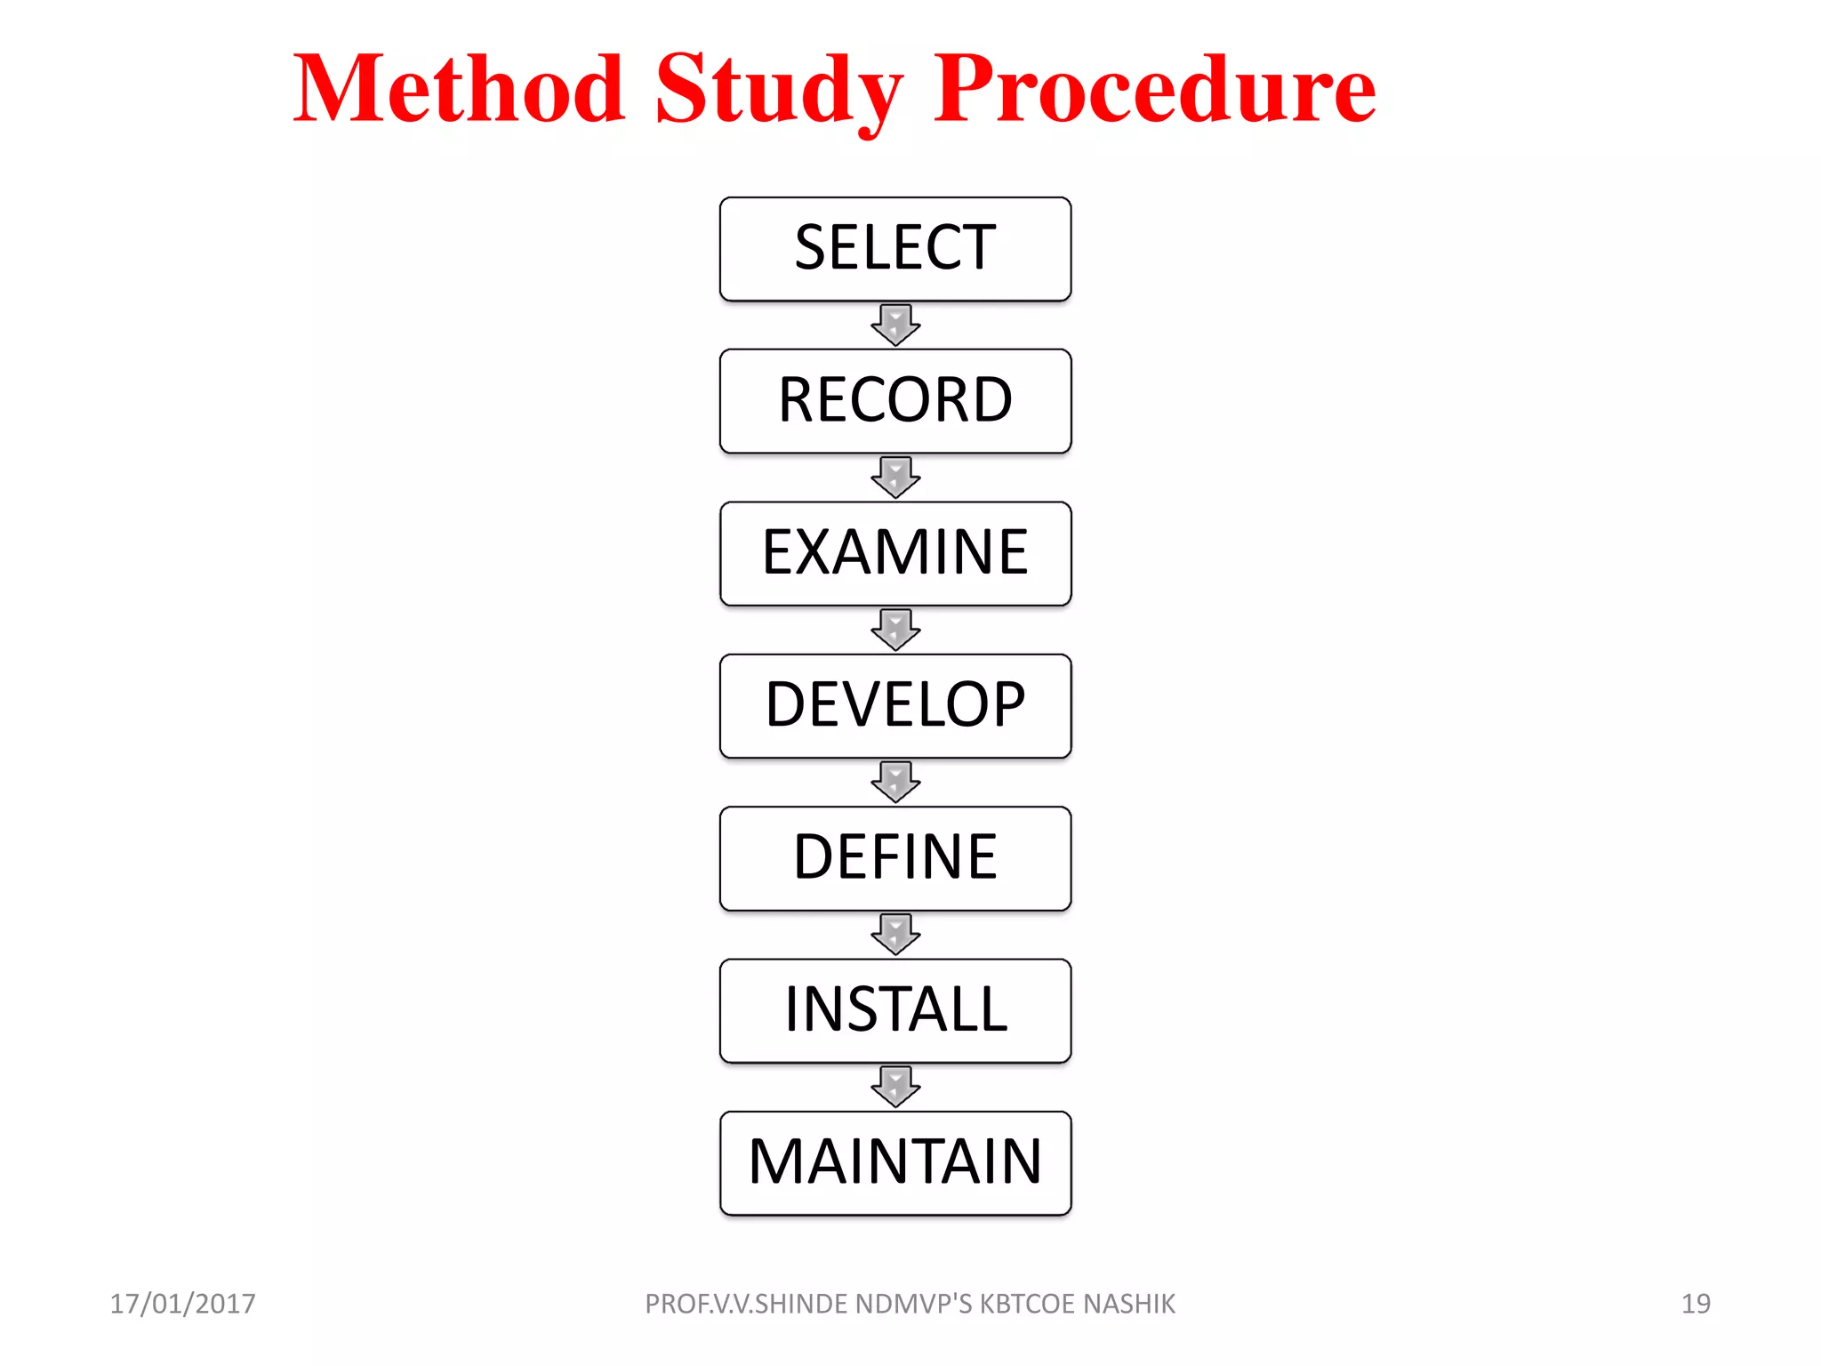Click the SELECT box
coord(895,249)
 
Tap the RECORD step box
coord(895,401)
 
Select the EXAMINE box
coord(895,553)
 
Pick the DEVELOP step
coord(895,706)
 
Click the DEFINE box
coord(895,858)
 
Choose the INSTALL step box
coord(895,1010)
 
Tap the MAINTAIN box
coord(895,1162)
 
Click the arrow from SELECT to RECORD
coord(895,325)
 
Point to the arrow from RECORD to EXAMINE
coord(895,478)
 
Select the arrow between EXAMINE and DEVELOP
coord(895,630)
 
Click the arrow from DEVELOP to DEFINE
coord(895,782)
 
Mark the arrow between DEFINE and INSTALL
coord(895,934)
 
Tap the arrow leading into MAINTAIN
coord(895,1087)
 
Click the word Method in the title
coord(459,89)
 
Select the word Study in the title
coord(778,89)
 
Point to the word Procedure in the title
coord(1154,89)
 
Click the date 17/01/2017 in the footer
coord(182,1304)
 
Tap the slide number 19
coord(1696,1304)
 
